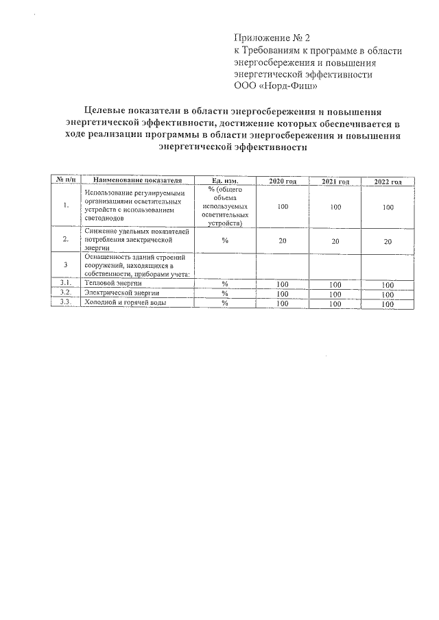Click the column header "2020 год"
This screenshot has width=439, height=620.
coord(283,181)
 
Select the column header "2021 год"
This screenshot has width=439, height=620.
coord(335,182)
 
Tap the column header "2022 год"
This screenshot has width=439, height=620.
coord(388,182)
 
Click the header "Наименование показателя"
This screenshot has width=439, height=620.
coord(138,180)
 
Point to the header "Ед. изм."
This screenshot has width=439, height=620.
coord(224,180)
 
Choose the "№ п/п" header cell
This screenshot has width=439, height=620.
coord(65,180)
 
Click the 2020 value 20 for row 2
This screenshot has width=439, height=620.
coord(283,240)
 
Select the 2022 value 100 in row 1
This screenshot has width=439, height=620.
coord(388,207)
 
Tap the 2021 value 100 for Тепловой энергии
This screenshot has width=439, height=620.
coord(335,284)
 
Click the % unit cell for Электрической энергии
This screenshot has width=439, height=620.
coord(224,293)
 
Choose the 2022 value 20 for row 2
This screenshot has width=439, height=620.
coord(388,241)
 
